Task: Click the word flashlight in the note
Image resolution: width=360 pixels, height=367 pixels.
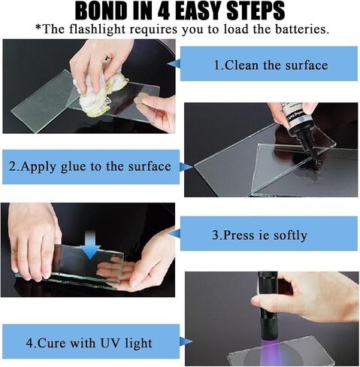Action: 97,29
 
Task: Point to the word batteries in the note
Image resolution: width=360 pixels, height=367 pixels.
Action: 302,29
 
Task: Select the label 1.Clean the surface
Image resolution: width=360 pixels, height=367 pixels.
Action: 271,65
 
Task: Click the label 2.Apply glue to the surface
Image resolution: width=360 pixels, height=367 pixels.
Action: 90,166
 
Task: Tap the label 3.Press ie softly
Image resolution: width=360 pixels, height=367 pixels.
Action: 259,235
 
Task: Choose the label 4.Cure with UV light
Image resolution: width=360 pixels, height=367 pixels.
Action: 89,343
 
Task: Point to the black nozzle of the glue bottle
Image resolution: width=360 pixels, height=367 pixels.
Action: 310,148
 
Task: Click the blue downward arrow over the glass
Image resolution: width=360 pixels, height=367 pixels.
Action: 90,244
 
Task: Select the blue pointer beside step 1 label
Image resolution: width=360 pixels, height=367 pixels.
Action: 174,63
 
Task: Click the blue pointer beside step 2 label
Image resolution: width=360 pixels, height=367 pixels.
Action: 186,167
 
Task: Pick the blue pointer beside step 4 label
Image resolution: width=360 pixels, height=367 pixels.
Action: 186,341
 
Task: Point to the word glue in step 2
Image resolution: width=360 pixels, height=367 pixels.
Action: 73,167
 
